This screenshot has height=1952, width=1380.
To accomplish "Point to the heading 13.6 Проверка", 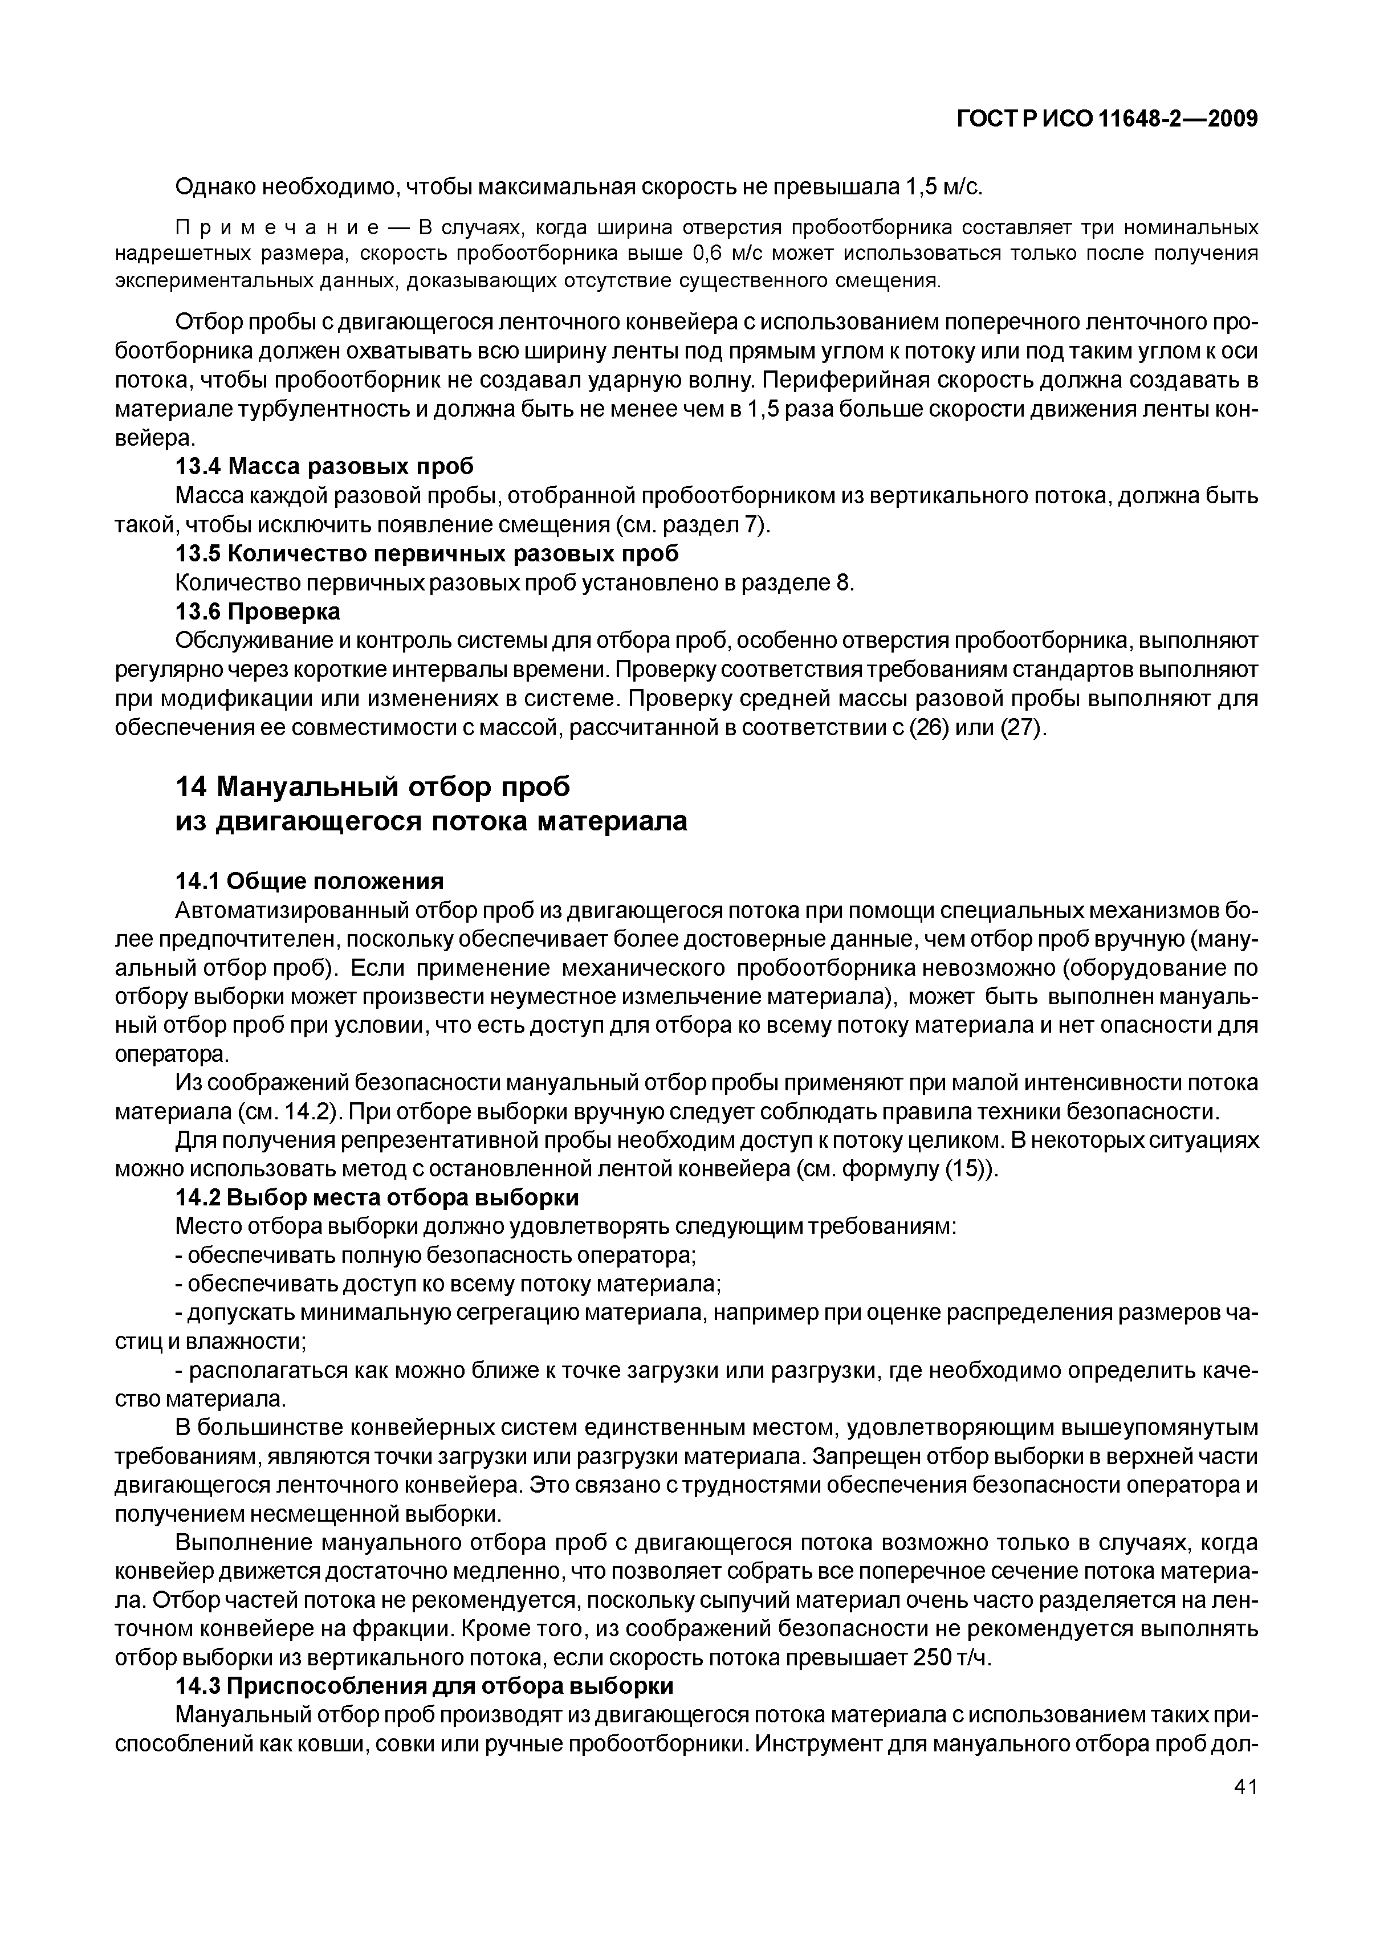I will pos(257,612).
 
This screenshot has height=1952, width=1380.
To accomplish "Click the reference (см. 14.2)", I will pos(287,1112).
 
